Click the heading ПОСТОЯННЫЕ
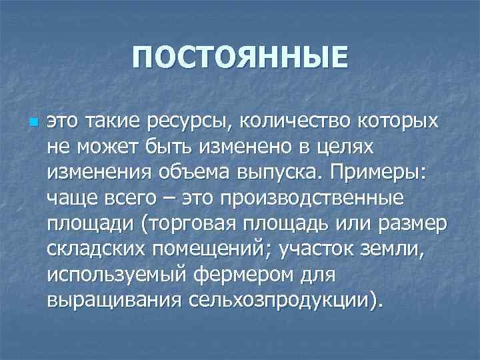(240, 57)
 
